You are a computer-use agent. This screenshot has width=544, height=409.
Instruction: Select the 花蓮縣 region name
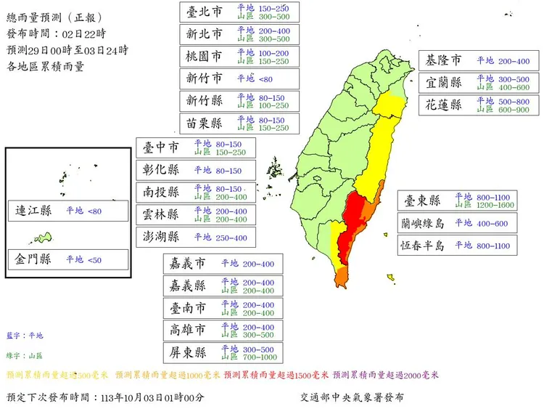[445, 104]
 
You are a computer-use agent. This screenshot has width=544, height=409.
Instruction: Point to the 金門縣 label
[34, 259]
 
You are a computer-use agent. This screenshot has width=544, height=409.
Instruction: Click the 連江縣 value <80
[94, 211]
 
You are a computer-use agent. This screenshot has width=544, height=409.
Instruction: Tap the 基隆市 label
[444, 60]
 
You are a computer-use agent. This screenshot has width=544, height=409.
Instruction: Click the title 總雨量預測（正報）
[54, 17]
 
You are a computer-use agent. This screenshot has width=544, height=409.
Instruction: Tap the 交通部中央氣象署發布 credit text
[352, 397]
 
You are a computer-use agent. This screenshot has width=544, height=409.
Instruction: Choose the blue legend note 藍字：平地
[25, 336]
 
